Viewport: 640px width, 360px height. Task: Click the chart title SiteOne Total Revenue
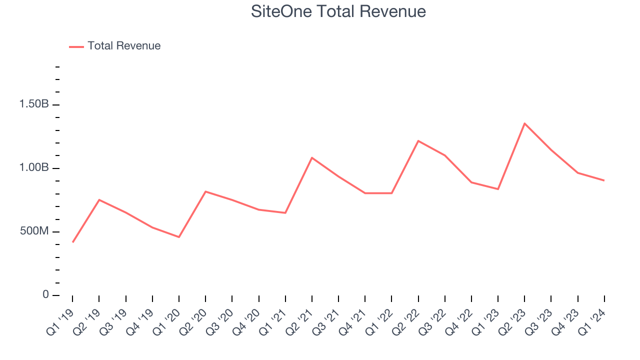pos(338,11)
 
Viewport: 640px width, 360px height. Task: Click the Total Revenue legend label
pos(124,46)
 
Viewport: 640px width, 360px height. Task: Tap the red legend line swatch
pos(76,46)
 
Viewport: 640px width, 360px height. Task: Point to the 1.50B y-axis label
pos(34,104)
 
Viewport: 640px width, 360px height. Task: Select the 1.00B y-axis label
pos(34,168)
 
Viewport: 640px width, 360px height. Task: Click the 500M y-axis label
pos(34,231)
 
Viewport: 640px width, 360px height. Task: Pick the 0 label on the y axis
pos(45,295)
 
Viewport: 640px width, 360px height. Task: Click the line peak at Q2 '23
pos(524,123)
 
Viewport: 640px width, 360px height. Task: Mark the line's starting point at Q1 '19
pos(72,242)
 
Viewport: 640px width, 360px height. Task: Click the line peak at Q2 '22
pos(418,140)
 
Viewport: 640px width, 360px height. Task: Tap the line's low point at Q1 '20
pos(179,237)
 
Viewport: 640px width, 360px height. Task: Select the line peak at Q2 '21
pos(312,157)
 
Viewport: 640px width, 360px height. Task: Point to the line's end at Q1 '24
pos(604,180)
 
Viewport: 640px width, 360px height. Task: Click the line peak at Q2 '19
pos(99,200)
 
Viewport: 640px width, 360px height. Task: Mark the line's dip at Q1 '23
pos(498,189)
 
